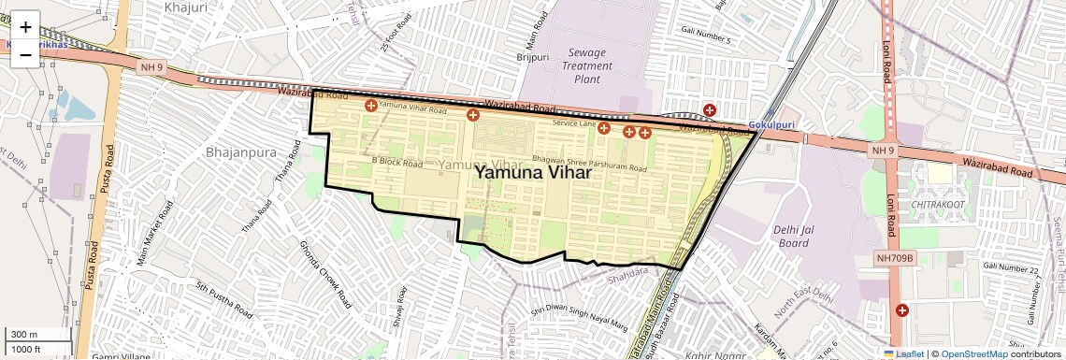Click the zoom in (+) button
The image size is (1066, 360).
(25, 27)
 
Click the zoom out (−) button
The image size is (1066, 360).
(25, 54)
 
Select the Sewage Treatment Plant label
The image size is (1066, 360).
(587, 66)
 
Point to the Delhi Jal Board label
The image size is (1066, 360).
(792, 237)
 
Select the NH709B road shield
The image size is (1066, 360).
(898, 257)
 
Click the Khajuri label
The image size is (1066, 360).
(184, 7)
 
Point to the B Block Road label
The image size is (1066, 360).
(397, 163)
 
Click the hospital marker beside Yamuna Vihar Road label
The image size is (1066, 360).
(371, 107)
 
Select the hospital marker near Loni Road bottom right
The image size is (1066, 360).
(901, 310)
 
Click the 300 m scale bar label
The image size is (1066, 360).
(24, 334)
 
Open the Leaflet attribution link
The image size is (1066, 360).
(903, 353)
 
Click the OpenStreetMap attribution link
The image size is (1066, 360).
(973, 353)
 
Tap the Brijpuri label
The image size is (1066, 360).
(533, 57)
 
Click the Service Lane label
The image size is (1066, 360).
(574, 123)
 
